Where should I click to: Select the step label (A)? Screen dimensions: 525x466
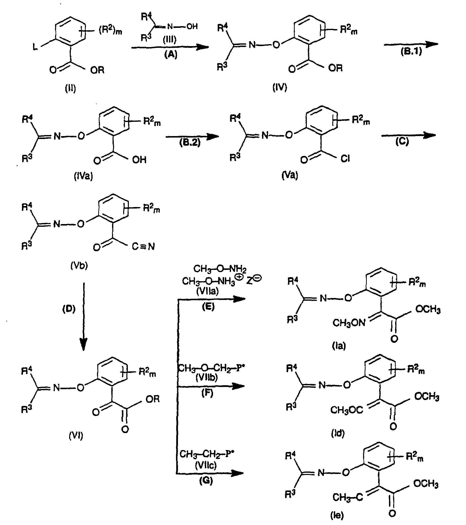pos(171,54)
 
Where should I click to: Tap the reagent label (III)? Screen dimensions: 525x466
pos(170,39)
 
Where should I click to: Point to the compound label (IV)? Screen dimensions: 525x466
pos(280,87)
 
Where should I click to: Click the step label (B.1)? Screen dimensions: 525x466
pos(411,52)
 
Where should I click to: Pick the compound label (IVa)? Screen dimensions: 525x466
pos(83,176)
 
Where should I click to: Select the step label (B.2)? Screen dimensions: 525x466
pos(190,143)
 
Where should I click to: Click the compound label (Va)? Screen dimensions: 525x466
pos(290,175)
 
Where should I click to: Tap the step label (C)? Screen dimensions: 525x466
pos(402,141)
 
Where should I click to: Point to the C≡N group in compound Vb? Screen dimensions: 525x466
pos(143,246)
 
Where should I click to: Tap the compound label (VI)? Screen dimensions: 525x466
pos(76,435)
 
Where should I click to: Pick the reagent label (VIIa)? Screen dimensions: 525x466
pos(207,291)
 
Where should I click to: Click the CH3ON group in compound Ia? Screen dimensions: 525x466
pos(349,323)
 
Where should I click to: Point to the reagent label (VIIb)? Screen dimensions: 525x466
pos(207,377)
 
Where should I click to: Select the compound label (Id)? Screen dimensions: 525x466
pos(338,433)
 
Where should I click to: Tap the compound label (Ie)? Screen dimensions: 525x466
pos(337,515)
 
